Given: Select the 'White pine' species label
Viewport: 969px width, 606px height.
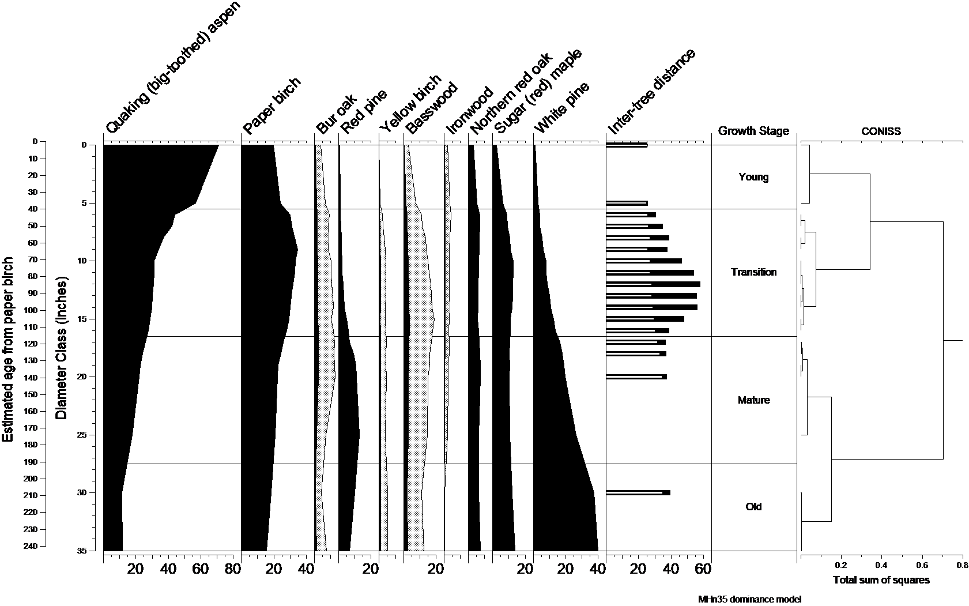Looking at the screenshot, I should (562, 108).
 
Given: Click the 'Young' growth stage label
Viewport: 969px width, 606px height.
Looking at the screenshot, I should (753, 177).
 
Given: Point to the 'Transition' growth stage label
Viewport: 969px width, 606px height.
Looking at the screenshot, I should (753, 272).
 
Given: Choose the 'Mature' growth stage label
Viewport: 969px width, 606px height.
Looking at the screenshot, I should (753, 400).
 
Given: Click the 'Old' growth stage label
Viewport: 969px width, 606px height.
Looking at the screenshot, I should (753, 507).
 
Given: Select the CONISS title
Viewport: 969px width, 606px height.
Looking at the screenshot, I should (881, 131).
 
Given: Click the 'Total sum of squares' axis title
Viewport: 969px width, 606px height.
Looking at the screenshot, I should (881, 580).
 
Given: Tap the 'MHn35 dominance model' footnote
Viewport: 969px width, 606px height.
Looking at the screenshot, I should (749, 599).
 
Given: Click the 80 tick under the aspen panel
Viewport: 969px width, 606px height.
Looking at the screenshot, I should (233, 570).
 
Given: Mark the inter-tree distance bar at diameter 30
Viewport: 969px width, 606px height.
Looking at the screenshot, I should (638, 493).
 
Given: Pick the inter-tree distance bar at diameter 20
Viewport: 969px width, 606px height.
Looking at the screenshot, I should (636, 377).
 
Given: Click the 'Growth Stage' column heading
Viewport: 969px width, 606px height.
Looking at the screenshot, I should (753, 131).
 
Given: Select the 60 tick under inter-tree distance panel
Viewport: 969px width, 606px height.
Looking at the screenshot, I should (703, 570).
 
